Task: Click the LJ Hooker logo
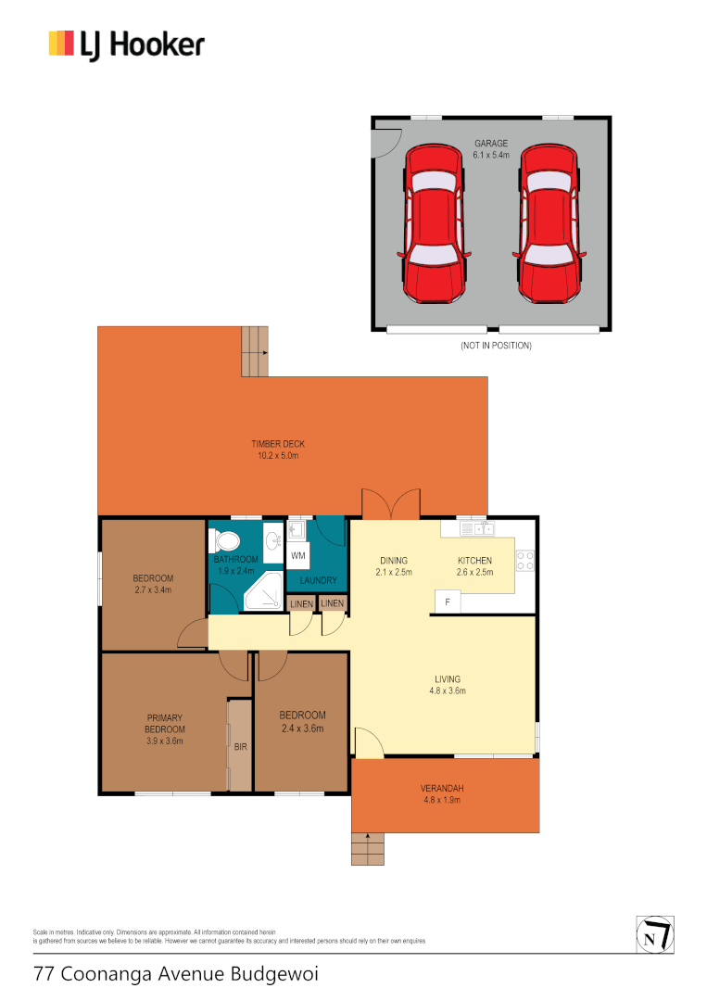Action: click(127, 44)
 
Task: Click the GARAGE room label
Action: click(491, 144)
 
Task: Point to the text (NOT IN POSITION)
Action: click(496, 346)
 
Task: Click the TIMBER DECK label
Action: click(278, 445)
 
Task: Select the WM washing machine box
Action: click(297, 556)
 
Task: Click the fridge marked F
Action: click(448, 602)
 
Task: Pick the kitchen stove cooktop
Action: click(524, 560)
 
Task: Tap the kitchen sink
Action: click(481, 529)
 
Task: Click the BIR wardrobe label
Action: click(240, 746)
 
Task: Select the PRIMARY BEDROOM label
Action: click(165, 723)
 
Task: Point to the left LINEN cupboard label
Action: click(301, 604)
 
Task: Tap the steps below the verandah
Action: click(368, 848)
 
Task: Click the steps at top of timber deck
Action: click(255, 352)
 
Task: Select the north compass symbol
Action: click(654, 933)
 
